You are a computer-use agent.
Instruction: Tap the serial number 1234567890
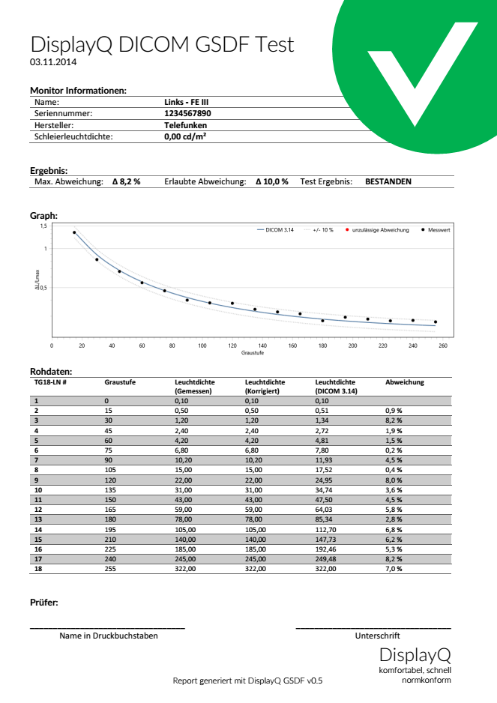coord(187,113)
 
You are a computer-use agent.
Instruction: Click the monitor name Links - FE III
coord(187,101)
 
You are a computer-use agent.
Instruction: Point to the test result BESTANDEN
coord(388,181)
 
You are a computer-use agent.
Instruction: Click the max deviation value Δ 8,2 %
coord(121,181)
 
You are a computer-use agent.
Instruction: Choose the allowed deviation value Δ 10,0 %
coord(271,181)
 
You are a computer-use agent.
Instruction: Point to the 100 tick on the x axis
coord(202,346)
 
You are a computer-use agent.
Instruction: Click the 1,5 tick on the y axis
coord(43,226)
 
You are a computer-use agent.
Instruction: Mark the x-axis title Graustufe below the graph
coord(252,352)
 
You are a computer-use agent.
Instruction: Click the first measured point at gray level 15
coord(74,232)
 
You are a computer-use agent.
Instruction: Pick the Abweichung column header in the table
coord(404,382)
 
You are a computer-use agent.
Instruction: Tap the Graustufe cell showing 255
coord(112,569)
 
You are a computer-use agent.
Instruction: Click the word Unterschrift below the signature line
coord(373,636)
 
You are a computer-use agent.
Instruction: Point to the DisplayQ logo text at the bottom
coord(414,654)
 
